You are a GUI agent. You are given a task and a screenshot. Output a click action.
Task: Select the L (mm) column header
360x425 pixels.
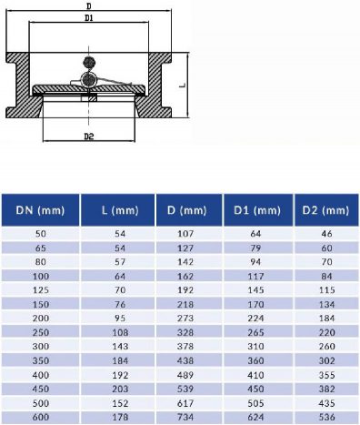(116, 211)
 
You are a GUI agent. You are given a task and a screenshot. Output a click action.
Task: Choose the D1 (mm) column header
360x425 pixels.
(256, 211)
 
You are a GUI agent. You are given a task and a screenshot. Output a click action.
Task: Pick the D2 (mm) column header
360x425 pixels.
(325, 211)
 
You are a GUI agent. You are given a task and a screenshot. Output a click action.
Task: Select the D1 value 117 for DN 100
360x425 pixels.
(256, 278)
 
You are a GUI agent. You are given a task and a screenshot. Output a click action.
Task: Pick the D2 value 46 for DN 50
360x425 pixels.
(325, 235)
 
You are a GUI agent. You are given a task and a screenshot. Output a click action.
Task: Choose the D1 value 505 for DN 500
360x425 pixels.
(256, 403)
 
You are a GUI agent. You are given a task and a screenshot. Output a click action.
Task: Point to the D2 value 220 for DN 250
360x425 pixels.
(325, 333)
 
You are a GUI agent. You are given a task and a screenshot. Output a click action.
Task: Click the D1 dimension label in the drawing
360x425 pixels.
(87, 17)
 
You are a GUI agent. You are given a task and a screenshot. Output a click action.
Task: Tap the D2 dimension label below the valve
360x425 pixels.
(88, 137)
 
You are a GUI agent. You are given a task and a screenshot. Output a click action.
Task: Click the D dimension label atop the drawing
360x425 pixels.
(87, 5)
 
